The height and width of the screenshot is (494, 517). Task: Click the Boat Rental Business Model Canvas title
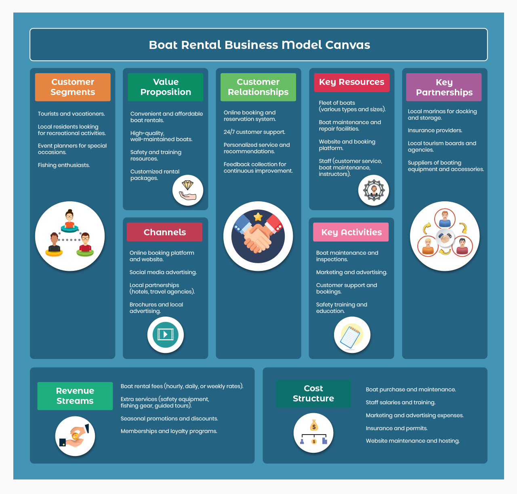click(259, 45)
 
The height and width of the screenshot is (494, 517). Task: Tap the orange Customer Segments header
click(73, 87)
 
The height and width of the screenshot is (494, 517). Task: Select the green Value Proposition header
click(166, 87)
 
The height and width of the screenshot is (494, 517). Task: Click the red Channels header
click(165, 232)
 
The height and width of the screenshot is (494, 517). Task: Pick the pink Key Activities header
click(351, 232)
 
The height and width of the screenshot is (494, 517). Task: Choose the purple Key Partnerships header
click(444, 87)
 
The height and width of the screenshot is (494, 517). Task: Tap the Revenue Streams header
click(75, 396)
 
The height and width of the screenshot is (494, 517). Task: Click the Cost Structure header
click(313, 393)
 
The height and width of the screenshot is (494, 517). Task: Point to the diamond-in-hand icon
click(188, 190)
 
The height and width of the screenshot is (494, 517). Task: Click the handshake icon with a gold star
click(258, 236)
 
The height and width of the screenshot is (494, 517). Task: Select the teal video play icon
click(165, 335)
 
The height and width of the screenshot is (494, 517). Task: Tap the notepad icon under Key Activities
click(352, 335)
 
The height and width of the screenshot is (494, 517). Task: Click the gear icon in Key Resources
click(374, 190)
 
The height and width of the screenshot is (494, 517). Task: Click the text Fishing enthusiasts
click(64, 165)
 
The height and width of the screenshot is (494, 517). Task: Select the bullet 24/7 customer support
click(254, 132)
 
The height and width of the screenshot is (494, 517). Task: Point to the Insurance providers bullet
click(435, 131)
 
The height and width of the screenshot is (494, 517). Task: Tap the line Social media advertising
click(163, 272)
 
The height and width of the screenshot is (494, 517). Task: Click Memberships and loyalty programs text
click(169, 431)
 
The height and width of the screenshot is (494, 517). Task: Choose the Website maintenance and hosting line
click(412, 441)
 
